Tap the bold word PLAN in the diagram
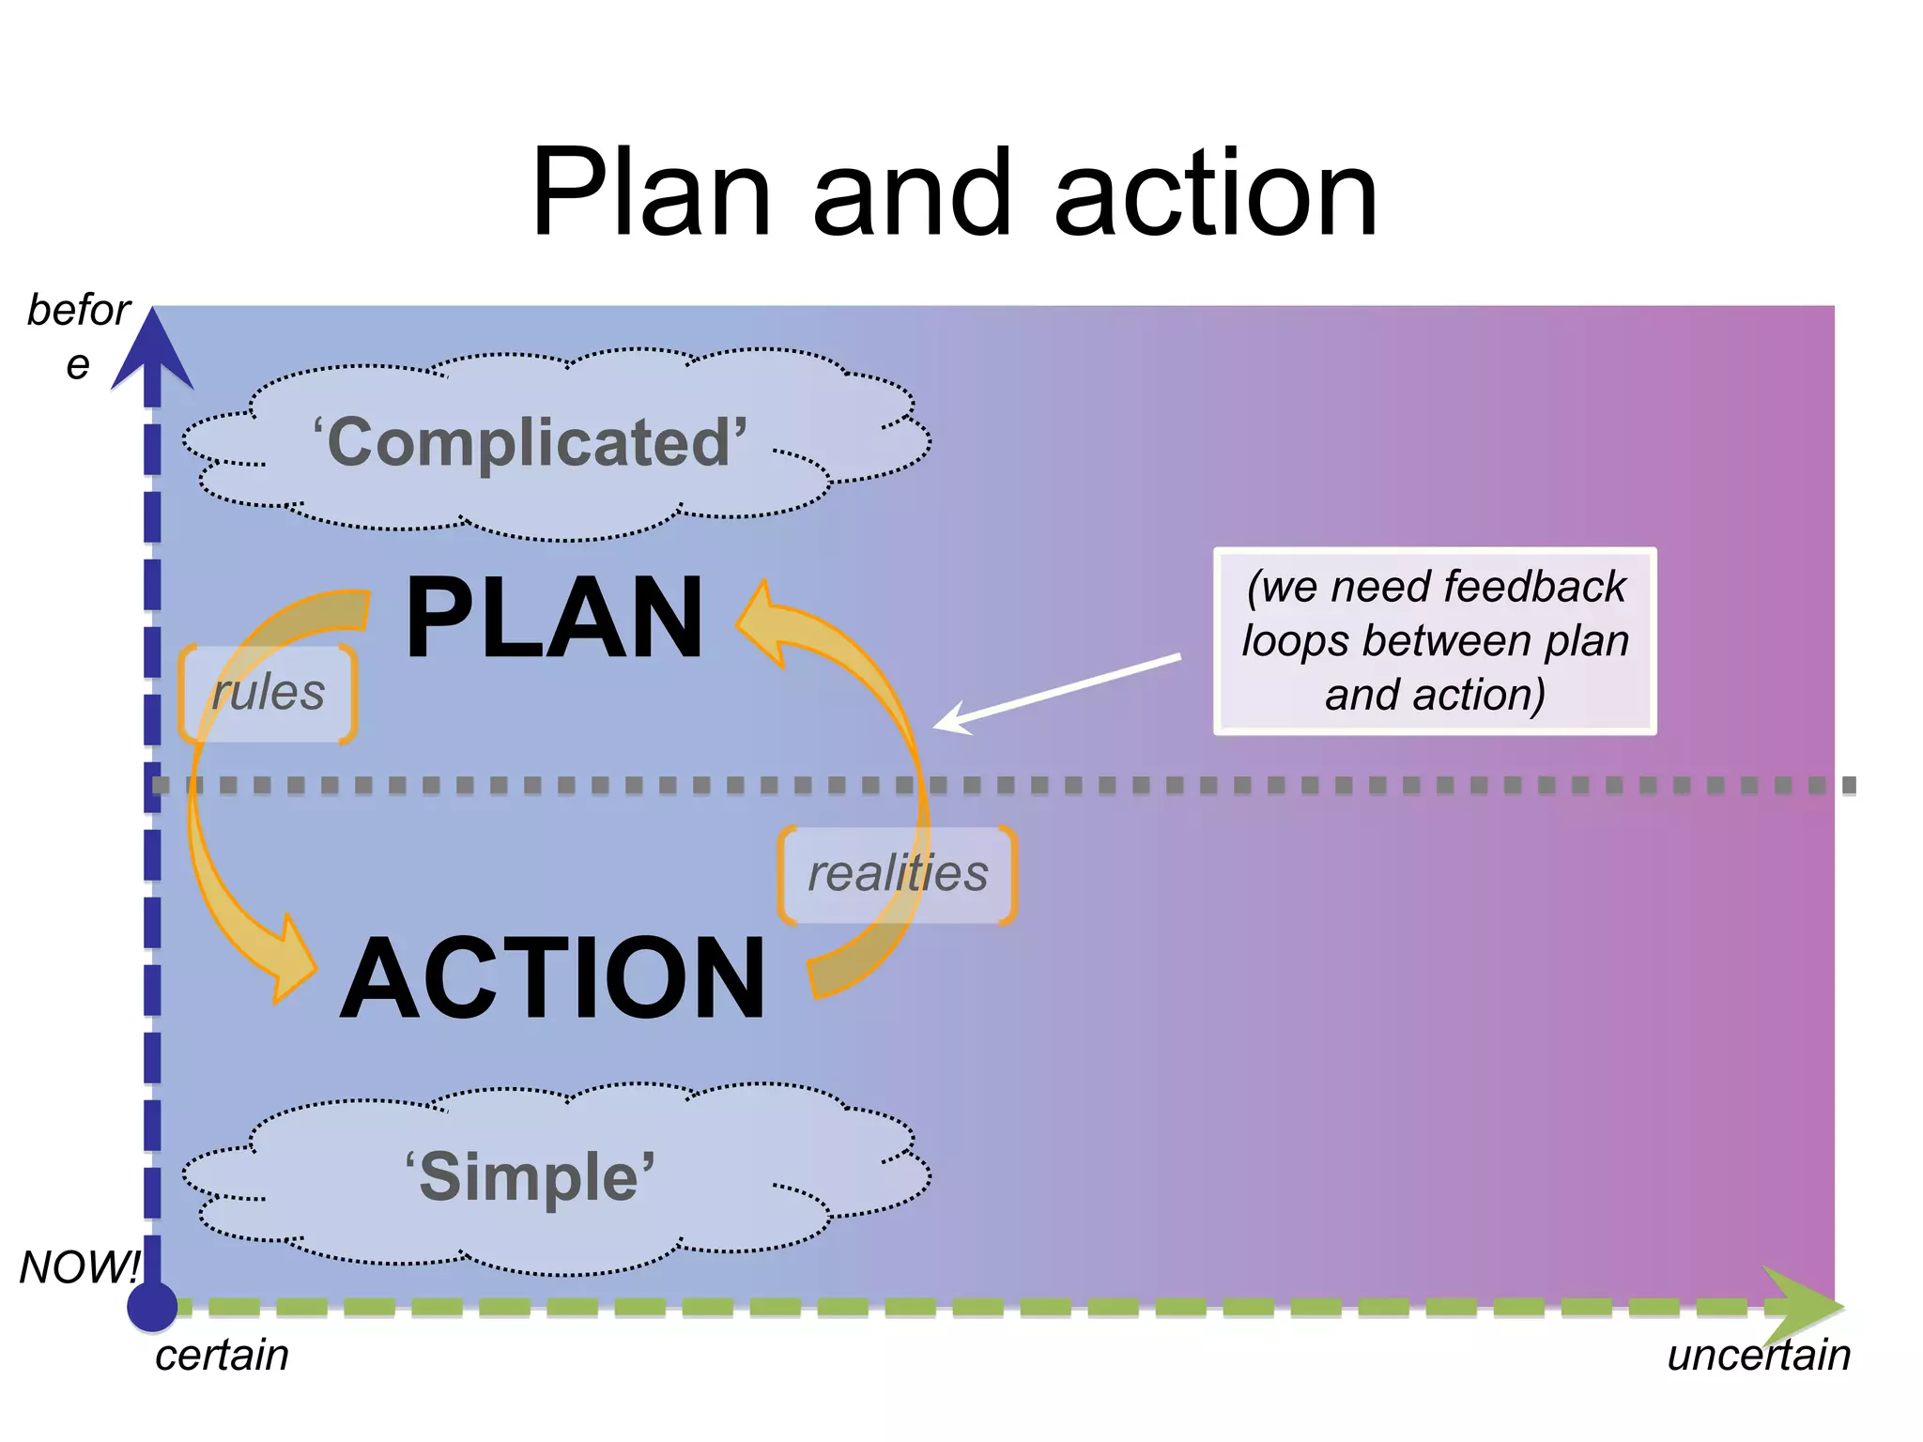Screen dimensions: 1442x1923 click(x=554, y=619)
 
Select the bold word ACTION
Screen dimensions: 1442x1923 click(x=554, y=978)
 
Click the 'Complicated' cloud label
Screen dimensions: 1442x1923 click(x=531, y=443)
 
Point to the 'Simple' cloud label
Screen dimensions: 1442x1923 click(x=531, y=1177)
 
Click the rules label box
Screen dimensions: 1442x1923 click(x=268, y=694)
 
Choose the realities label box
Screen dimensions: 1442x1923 click(x=898, y=874)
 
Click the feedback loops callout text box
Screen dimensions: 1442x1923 click(x=1435, y=641)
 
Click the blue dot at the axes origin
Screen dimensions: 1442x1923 click(x=152, y=1306)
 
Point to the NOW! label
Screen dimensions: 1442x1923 click(x=79, y=1267)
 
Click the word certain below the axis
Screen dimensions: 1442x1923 click(x=222, y=1356)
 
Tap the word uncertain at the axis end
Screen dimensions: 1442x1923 click(x=1758, y=1356)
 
